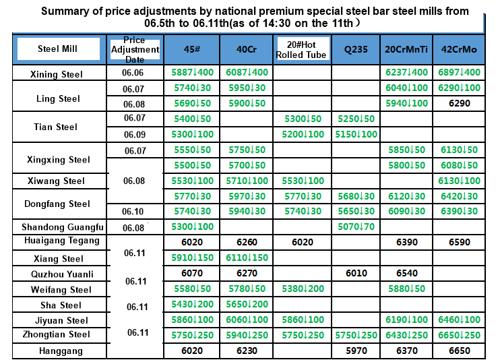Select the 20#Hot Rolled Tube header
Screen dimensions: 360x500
point(301,49)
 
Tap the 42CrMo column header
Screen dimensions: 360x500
point(460,49)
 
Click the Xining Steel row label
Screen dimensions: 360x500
point(57,73)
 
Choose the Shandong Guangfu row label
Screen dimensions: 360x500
point(63,227)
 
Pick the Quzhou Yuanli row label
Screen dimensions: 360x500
point(62,274)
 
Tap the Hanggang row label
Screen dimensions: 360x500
point(61,351)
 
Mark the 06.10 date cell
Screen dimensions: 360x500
point(133,212)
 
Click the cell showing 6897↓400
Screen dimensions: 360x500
point(460,73)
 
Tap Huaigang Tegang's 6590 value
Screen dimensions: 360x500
point(460,242)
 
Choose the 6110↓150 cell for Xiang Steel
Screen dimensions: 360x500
point(247,258)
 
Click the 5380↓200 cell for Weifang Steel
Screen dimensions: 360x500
point(303,289)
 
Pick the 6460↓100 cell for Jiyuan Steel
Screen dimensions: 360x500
point(460,320)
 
